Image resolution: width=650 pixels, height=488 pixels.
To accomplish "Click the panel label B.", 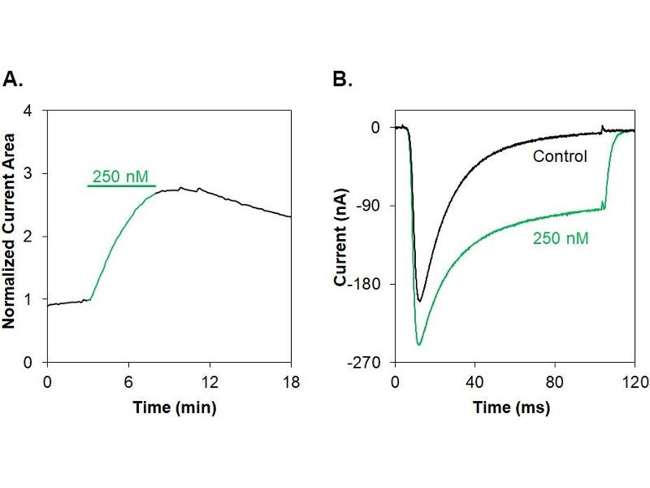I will [x=343, y=79].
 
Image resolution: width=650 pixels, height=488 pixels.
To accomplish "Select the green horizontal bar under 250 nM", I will [x=122, y=186].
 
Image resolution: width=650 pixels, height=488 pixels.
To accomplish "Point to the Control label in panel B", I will [x=560, y=155].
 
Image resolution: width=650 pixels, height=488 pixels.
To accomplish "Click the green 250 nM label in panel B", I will [x=561, y=238].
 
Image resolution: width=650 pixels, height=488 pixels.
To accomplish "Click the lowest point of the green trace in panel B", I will [x=418, y=345].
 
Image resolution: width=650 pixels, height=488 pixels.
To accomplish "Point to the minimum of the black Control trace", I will [x=419, y=301].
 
